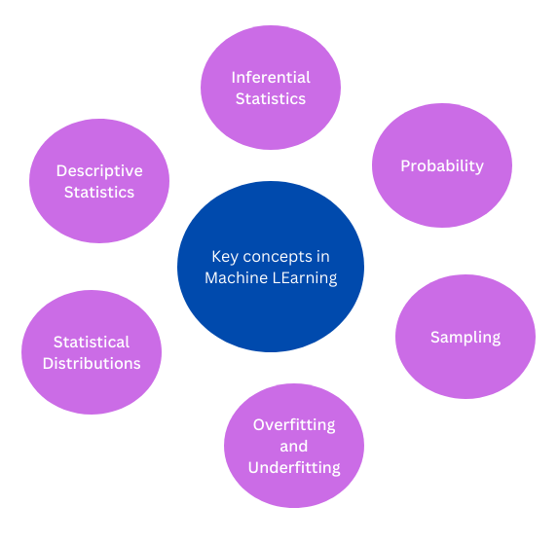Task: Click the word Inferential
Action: pyautogui.click(x=271, y=77)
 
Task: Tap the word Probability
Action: pyautogui.click(x=442, y=165)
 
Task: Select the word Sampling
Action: pyautogui.click(x=465, y=337)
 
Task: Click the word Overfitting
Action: pyautogui.click(x=294, y=424)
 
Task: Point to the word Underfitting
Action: pyautogui.click(x=294, y=467)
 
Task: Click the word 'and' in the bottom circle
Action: pyautogui.click(x=294, y=446)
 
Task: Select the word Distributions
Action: pyautogui.click(x=92, y=363)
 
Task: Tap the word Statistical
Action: pyautogui.click(x=92, y=342)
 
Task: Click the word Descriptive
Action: pyautogui.click(x=99, y=170)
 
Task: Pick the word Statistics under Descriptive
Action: pyautogui.click(x=99, y=192)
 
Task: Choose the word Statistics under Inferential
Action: pyautogui.click(x=271, y=98)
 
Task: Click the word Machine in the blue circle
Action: pyautogui.click(x=235, y=277)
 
